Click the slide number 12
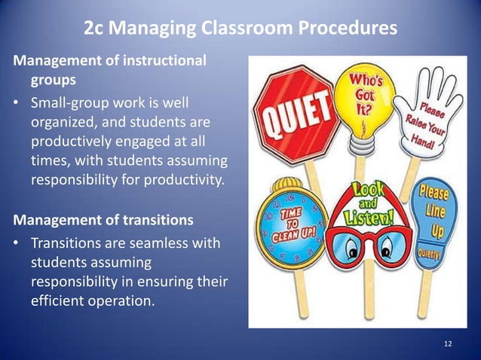pos(448,344)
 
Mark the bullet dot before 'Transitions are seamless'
pos(15,243)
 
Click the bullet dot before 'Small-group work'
pos(15,102)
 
